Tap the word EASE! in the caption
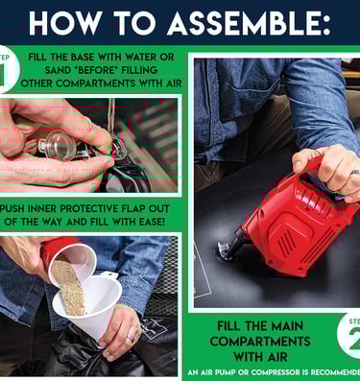151,222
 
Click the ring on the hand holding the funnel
131,337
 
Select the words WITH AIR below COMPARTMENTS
260,356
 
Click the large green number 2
354,340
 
